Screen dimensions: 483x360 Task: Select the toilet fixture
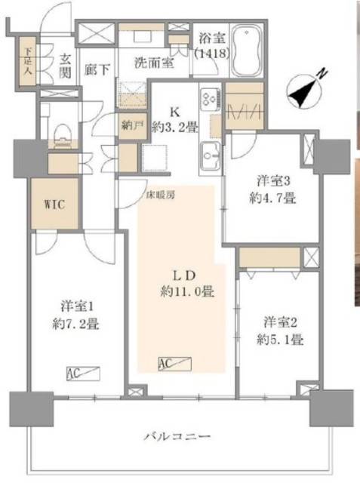click(61, 136)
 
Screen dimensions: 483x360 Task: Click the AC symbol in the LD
click(176, 365)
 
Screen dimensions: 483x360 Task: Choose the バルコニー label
click(179, 436)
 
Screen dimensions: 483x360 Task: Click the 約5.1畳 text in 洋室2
click(278, 339)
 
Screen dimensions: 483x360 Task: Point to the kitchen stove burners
click(209, 99)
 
